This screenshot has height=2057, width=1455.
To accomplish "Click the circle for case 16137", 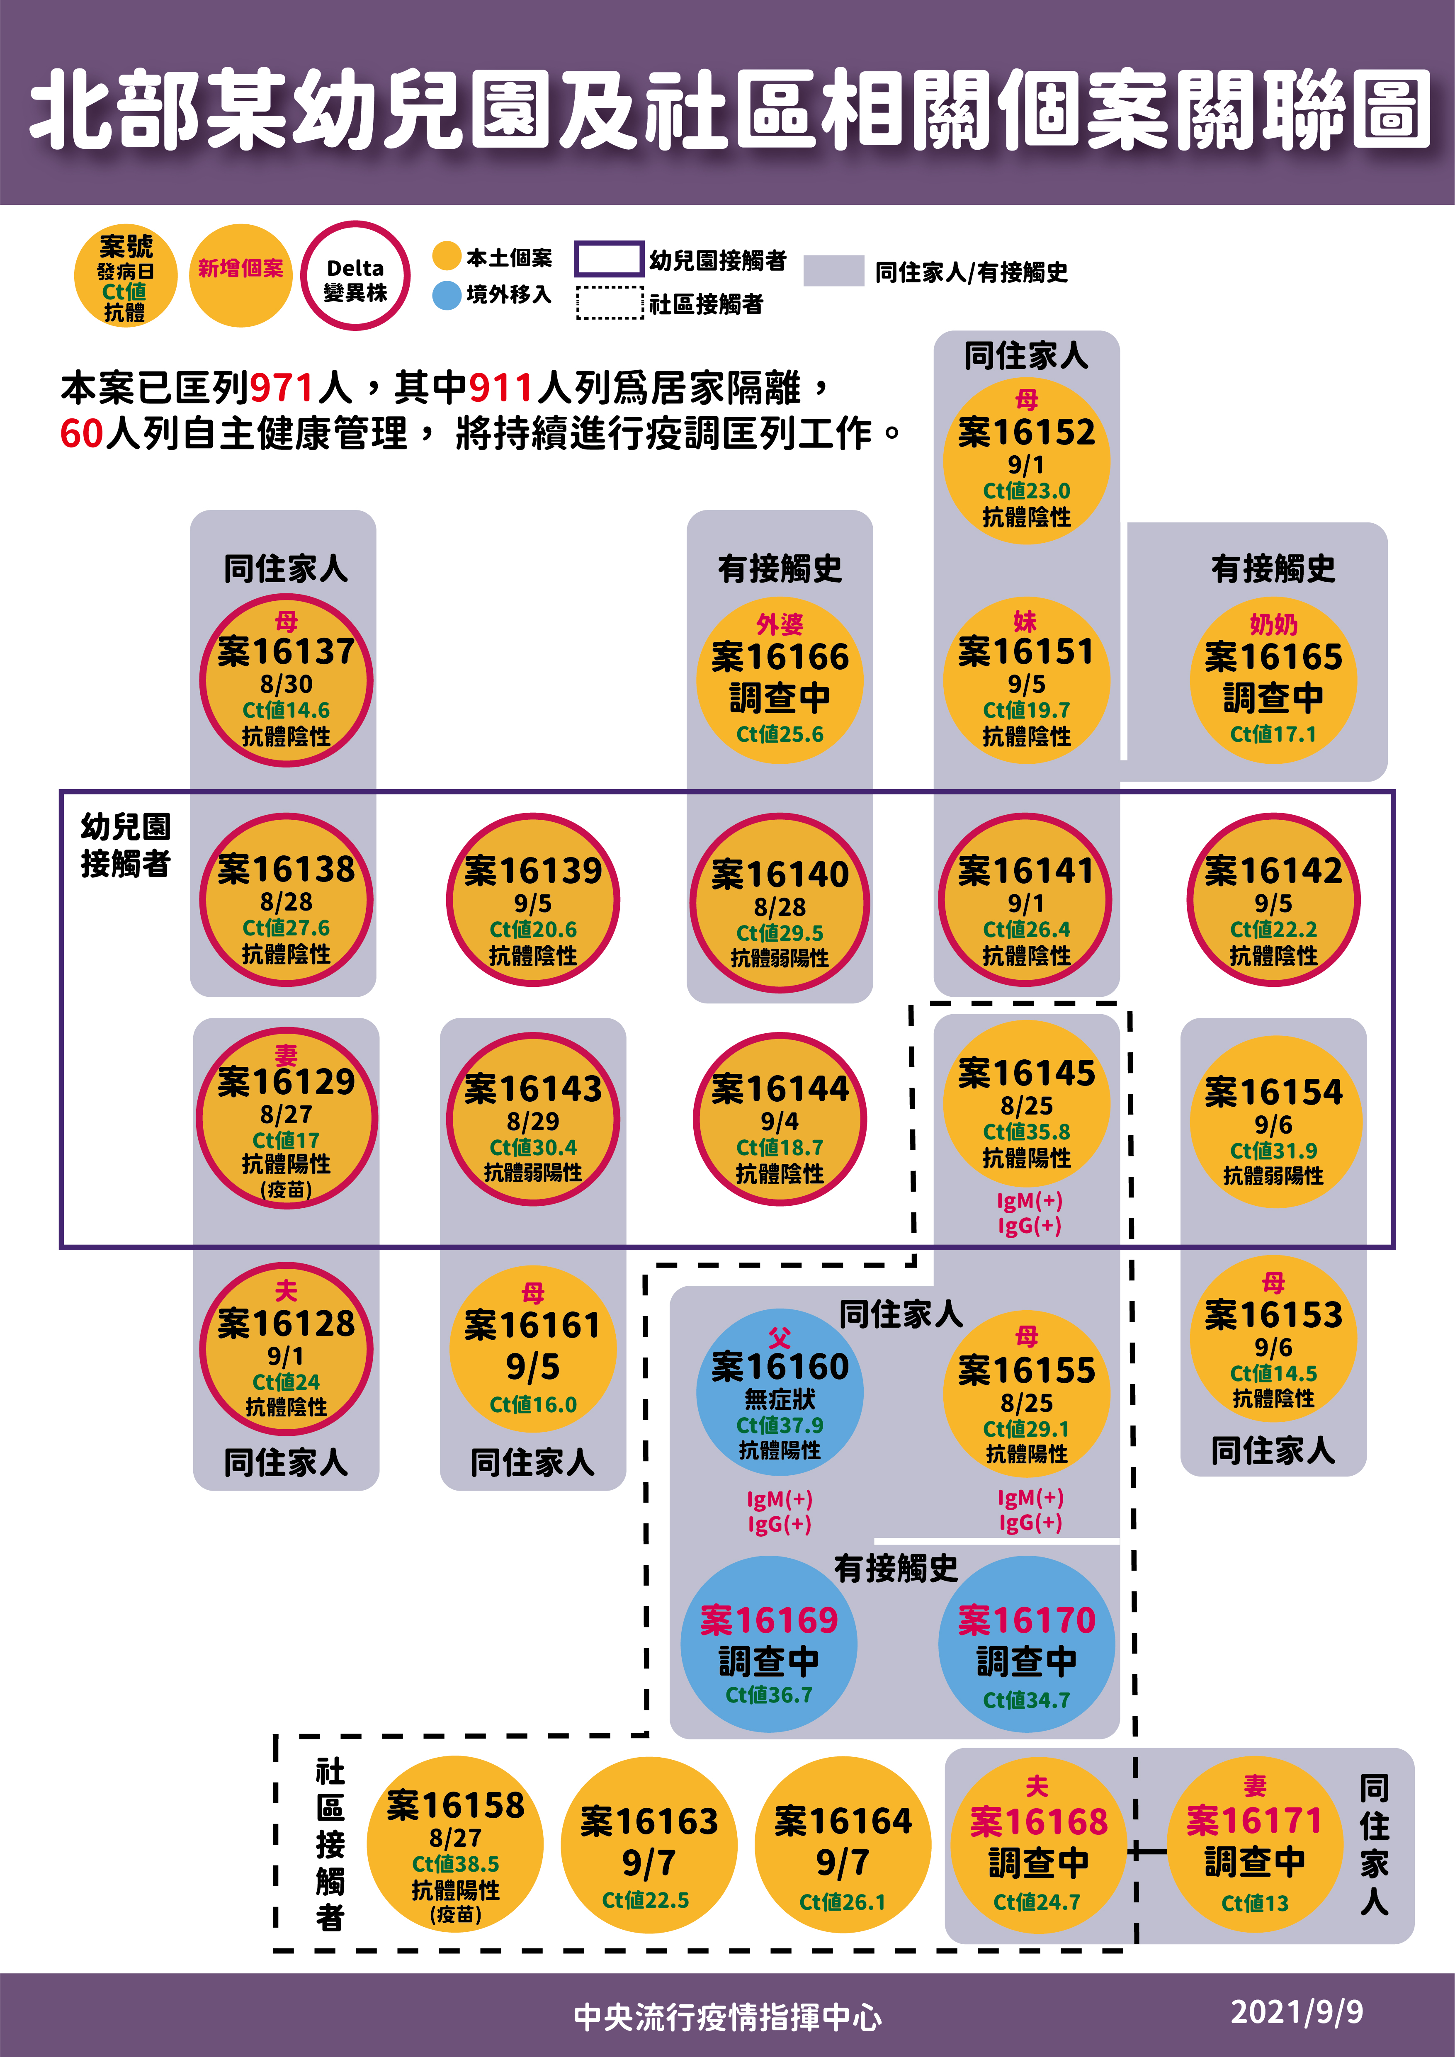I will [286, 681].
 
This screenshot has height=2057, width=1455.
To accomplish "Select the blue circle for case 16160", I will [780, 1393].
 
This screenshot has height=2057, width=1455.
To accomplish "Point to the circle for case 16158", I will [455, 1844].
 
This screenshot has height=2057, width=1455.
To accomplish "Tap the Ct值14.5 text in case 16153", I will [1273, 1373].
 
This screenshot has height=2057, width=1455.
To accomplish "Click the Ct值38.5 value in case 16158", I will [455, 1863].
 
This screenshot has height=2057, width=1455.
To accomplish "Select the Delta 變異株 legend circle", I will [356, 276].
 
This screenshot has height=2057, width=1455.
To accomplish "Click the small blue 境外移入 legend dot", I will [446, 295].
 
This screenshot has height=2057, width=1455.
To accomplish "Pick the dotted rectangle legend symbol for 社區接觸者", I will [609, 303].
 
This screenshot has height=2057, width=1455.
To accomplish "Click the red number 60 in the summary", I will [82, 434].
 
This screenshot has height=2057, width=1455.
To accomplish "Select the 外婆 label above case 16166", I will [780, 624].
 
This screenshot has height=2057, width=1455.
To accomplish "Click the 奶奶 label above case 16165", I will [1273, 624].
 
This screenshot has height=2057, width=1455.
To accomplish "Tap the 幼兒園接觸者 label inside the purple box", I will [125, 845].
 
